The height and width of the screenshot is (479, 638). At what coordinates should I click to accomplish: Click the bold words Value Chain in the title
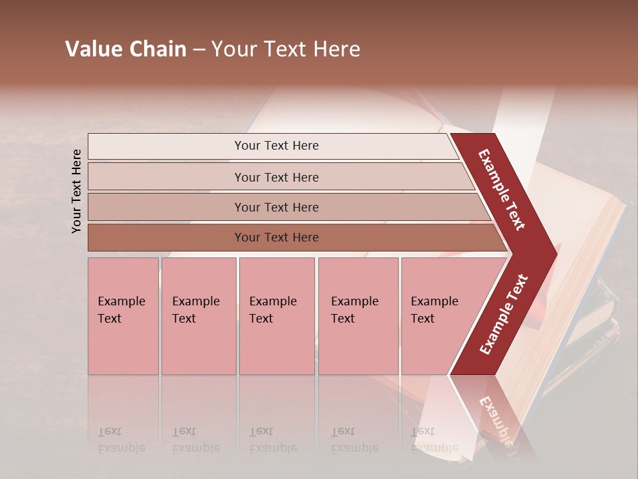point(126,49)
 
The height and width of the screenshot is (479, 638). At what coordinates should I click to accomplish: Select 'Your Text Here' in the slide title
point(286,49)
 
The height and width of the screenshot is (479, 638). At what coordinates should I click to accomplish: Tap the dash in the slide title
point(198,50)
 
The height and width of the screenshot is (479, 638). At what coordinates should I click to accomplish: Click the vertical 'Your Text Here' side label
point(76,191)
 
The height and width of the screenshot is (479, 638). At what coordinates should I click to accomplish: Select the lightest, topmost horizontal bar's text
point(276,146)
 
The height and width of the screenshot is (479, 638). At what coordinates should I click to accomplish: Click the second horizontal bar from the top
point(276,177)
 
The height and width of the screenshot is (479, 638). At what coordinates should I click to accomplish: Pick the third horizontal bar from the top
point(276,207)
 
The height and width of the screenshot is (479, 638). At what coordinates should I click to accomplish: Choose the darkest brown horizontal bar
point(276,238)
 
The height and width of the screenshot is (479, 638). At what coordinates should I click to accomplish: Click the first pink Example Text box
point(123,316)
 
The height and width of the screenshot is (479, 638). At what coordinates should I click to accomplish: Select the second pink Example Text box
point(198,316)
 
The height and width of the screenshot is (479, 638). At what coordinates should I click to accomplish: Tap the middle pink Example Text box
point(276,316)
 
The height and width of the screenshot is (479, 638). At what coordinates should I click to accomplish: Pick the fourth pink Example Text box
point(358,316)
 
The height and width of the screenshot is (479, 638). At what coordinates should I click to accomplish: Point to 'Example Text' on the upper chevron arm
point(502,190)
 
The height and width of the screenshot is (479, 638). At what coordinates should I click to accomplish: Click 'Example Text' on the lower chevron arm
point(504,314)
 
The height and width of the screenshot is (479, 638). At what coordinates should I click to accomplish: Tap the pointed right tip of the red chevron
point(555,253)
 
